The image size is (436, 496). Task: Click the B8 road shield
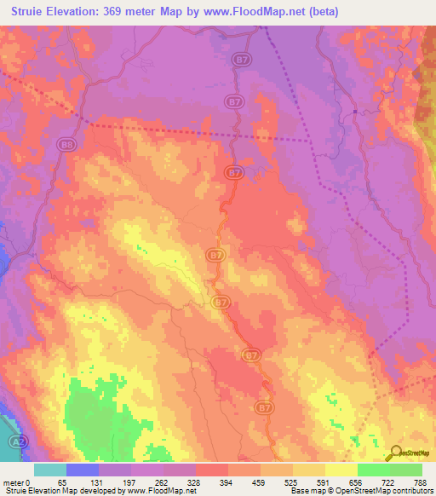(67, 146)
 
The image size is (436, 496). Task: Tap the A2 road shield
(17, 443)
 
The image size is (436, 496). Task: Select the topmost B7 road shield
(241, 59)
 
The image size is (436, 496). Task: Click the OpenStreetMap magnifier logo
(395, 453)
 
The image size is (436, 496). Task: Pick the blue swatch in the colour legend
(83, 470)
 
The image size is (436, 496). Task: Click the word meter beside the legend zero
(14, 482)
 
